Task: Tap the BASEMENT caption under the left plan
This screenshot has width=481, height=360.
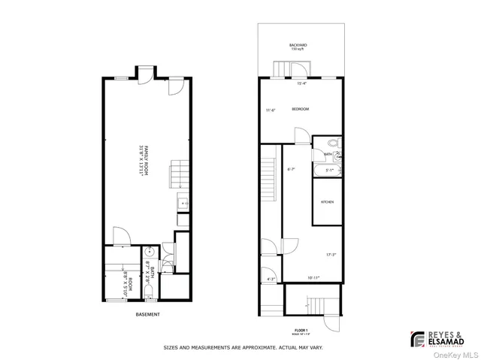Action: [x=147, y=314]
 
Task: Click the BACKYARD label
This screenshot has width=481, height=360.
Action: [x=297, y=47]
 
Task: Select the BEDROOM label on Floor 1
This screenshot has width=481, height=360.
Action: [x=301, y=110]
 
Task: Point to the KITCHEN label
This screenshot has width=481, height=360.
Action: [x=328, y=203]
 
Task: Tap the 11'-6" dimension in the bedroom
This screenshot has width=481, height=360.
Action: [x=271, y=110]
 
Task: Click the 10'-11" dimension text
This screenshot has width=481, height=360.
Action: [x=313, y=278]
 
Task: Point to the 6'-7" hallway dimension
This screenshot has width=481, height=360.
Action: [x=291, y=170]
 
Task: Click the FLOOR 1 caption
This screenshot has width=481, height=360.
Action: [x=301, y=328]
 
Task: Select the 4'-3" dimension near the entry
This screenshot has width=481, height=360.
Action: [x=271, y=280]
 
